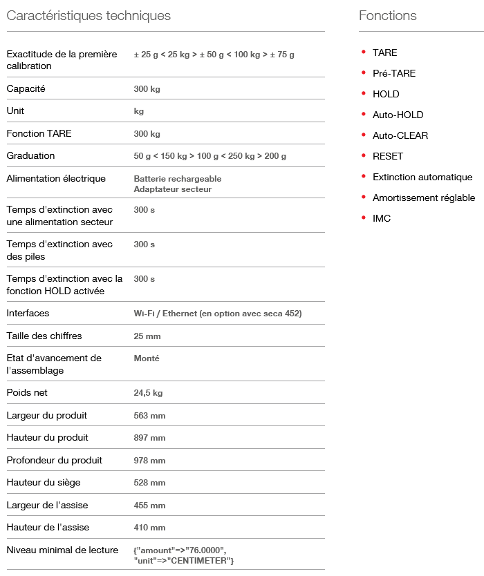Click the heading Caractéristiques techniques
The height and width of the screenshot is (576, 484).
click(89, 16)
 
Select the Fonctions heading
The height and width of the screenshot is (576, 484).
click(388, 16)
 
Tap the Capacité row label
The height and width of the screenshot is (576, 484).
click(26, 89)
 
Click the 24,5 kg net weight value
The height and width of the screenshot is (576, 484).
click(148, 393)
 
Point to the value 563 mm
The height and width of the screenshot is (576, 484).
click(149, 416)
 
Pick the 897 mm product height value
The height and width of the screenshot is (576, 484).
click(149, 438)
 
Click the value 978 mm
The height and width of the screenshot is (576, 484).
click(149, 461)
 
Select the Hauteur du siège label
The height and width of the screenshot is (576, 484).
click(44, 483)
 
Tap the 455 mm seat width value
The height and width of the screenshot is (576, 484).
click(149, 506)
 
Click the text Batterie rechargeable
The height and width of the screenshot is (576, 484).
click(178, 179)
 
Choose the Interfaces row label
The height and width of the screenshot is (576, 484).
click(28, 314)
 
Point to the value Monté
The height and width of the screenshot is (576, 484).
click(147, 358)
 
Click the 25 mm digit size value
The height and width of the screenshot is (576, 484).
click(147, 336)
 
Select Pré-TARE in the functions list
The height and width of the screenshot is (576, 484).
click(394, 73)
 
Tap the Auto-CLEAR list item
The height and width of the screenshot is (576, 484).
click(400, 135)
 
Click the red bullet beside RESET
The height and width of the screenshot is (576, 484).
click(364, 155)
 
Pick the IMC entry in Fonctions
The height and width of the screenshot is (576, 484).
click(382, 218)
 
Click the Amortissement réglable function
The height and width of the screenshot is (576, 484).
click(424, 198)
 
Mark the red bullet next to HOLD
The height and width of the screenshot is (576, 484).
click(364, 93)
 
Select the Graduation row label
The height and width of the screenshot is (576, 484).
click(30, 156)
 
